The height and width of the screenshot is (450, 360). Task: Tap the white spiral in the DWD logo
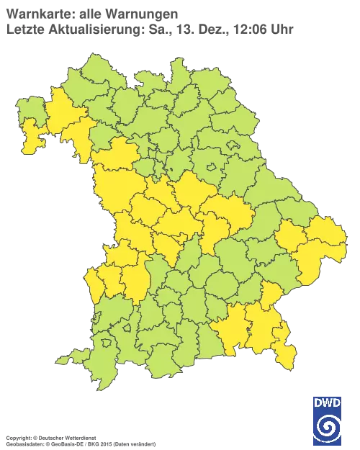coord(328,426)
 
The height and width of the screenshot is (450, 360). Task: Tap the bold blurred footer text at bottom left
coord(50,437)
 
